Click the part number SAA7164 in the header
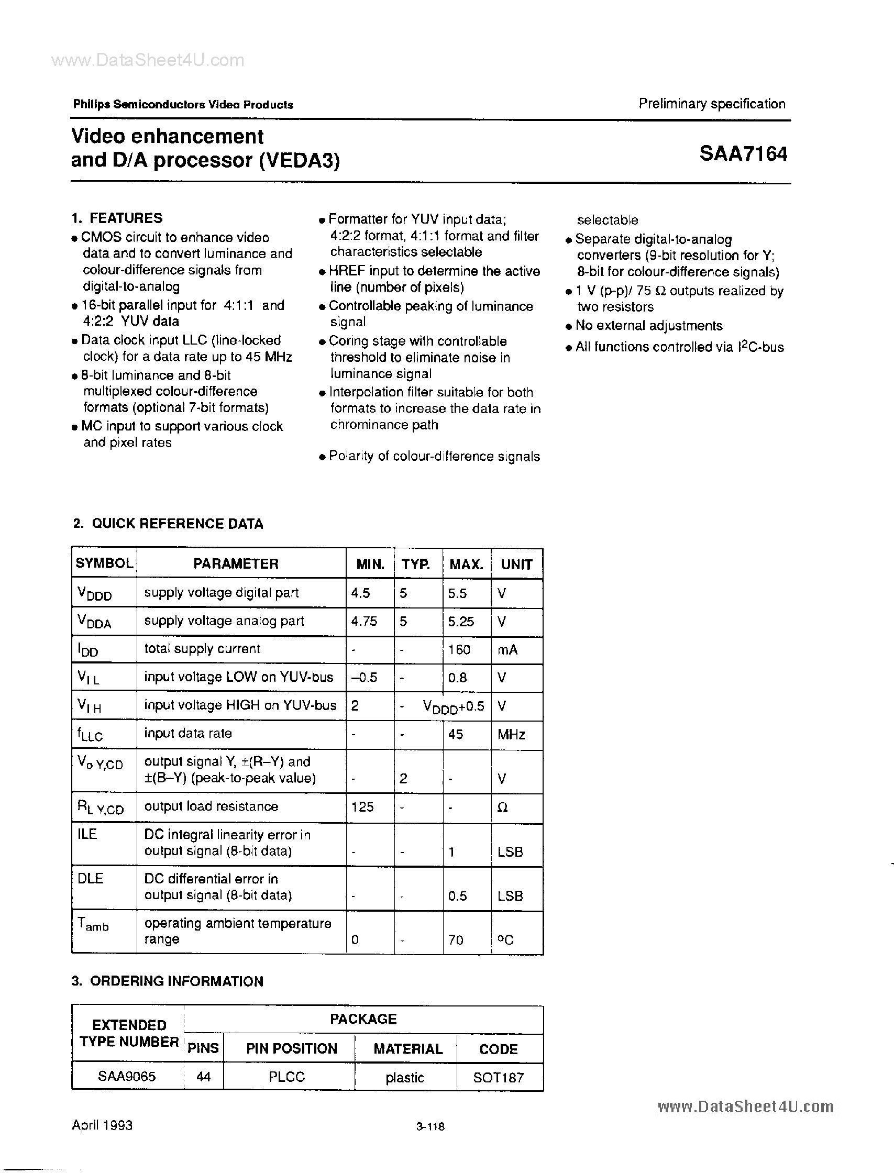(x=743, y=154)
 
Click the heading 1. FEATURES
(x=117, y=218)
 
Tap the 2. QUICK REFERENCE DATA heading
(x=168, y=524)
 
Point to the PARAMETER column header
(x=235, y=564)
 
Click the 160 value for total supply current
(x=459, y=649)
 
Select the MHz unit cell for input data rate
(x=511, y=735)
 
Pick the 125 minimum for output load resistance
(x=362, y=807)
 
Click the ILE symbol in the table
(x=87, y=834)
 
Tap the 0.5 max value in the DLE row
(x=457, y=896)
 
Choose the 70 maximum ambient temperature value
(x=456, y=940)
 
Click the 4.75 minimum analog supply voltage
(x=364, y=621)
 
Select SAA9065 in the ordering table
(x=127, y=1076)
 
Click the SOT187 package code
(x=498, y=1078)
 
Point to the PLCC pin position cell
(x=286, y=1077)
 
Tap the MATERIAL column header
(x=407, y=1048)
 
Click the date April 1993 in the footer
(x=102, y=1125)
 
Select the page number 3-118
(x=430, y=1126)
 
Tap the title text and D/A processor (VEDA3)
(x=205, y=160)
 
